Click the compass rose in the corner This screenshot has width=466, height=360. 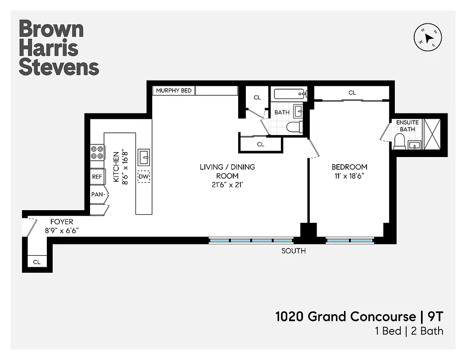427,38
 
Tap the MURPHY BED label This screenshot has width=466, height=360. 174,90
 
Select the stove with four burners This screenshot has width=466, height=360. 97,153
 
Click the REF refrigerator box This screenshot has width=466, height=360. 97,177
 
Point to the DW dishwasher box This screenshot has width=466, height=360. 144,177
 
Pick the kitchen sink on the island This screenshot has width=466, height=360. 144,157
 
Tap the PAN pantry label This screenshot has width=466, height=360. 97,195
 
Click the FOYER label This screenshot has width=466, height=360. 62,222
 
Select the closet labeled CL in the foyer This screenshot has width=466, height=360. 37,261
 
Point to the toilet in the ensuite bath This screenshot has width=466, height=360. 399,141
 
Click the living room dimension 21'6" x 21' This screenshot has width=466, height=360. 227,184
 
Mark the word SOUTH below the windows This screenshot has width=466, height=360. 294,251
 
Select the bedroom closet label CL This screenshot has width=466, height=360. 352,93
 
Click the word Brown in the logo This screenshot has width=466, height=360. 51,29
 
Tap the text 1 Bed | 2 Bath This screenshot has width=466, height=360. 409,331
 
